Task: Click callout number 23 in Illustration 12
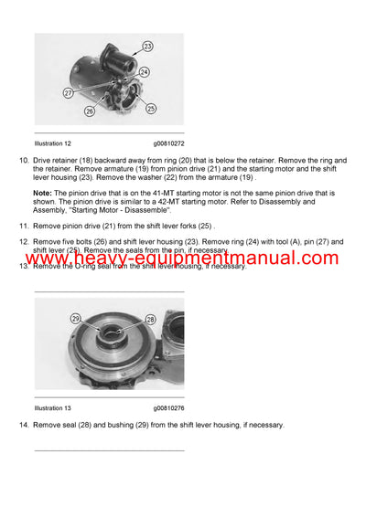148,45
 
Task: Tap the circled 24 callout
145,71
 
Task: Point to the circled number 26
90,113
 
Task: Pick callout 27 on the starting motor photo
69,92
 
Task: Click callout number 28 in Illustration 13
150,321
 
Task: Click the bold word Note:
43,194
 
